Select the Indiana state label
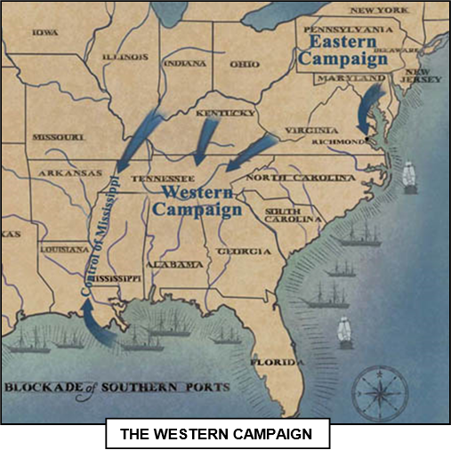tap(186, 63)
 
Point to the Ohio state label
tap(245, 64)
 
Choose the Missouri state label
tap(58, 138)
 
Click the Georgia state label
tap(244, 252)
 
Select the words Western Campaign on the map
tap(197, 201)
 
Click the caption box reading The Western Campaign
tap(218, 436)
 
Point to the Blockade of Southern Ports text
tap(116, 388)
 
